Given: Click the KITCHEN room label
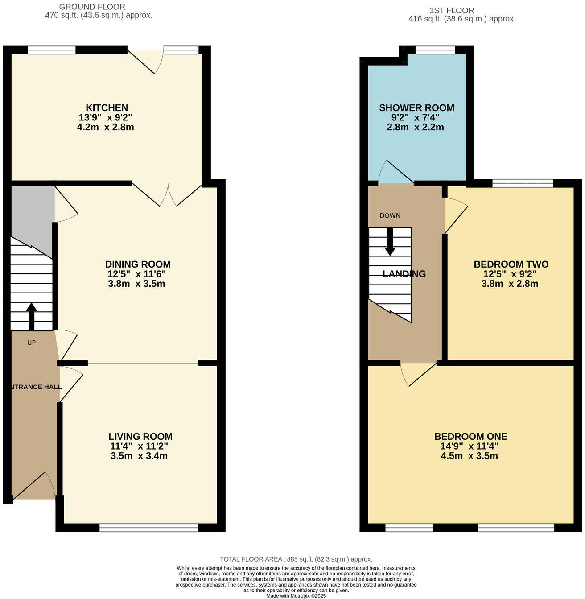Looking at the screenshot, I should [107, 108].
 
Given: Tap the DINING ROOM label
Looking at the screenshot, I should [138, 264].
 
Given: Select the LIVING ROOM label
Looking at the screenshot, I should [140, 437].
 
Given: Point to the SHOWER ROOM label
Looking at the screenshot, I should [416, 108].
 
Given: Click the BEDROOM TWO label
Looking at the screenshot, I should [511, 264].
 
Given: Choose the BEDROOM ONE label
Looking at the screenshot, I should [470, 437].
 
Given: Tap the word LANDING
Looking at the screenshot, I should [404, 274].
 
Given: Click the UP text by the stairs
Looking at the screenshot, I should [31, 343].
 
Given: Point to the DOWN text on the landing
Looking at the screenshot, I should [390, 216].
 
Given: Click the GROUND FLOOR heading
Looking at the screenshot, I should [92, 7].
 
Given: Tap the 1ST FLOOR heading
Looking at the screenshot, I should [451, 11].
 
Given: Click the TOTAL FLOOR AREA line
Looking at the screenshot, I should [296, 559].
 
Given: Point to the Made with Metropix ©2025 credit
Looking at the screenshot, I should [296, 596].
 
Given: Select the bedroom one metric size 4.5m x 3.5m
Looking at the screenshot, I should [466, 456].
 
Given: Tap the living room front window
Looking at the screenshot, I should [148, 528].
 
